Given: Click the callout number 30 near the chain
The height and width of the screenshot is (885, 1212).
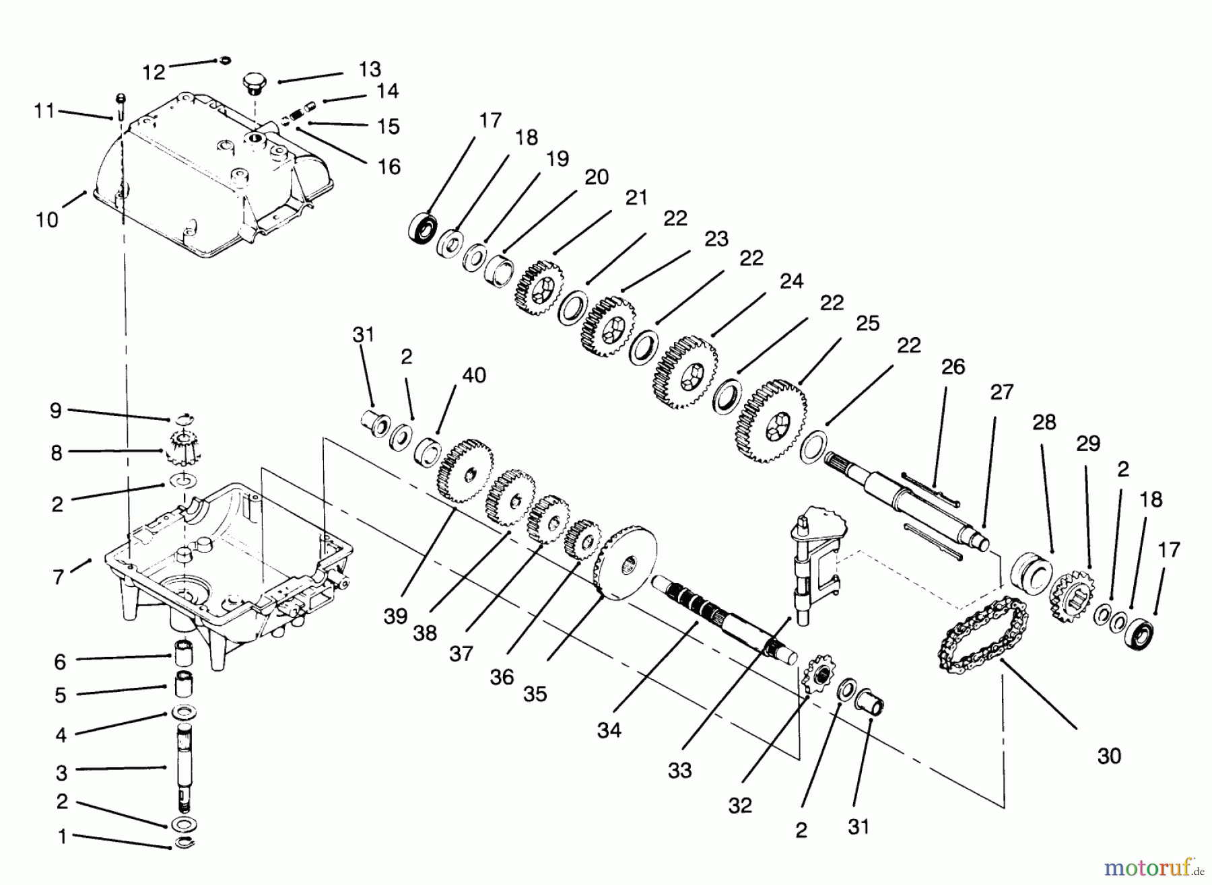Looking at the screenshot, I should click(1109, 756).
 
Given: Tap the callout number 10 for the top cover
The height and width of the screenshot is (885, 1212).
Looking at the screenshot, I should click(47, 220).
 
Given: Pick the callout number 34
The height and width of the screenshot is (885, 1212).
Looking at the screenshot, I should click(609, 730).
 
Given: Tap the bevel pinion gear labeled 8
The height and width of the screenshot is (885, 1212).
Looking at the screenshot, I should click(179, 450).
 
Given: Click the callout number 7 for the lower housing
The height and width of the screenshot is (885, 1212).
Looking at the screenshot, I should click(59, 577).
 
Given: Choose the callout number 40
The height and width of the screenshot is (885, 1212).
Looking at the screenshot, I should click(474, 376).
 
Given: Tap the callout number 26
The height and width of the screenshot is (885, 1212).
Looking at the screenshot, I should click(953, 367).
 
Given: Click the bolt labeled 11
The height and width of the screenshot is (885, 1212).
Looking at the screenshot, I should click(121, 108).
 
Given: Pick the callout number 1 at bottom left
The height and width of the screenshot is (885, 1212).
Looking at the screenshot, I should click(62, 837).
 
